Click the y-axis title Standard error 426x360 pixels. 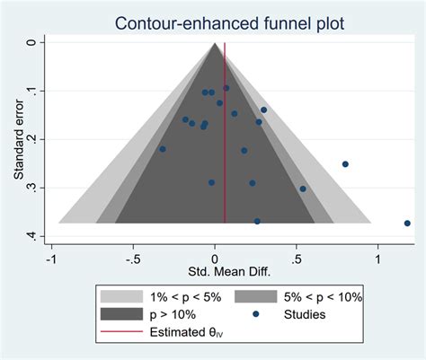point(18,139)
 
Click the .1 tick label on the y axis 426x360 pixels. point(34,91)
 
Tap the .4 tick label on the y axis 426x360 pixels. point(34,236)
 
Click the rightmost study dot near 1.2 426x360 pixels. point(407,224)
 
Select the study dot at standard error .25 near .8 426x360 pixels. point(345,164)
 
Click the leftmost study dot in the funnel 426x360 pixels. point(163,149)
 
